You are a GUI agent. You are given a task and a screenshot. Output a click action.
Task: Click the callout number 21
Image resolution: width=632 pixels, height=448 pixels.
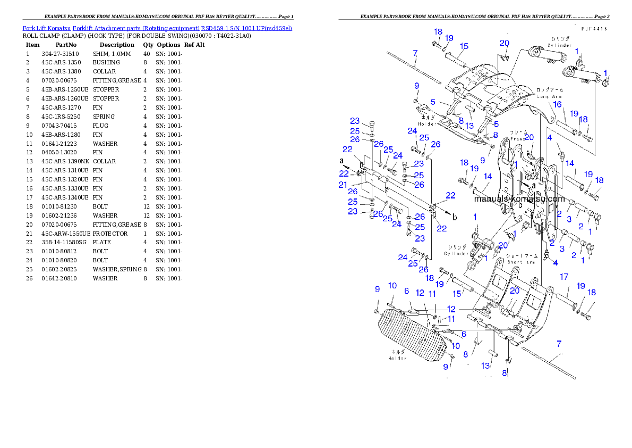click(343, 185)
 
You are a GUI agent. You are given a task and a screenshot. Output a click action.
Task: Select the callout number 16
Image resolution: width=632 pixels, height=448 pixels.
click(557, 105)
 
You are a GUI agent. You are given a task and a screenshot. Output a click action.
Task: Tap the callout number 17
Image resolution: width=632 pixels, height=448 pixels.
click(563, 277)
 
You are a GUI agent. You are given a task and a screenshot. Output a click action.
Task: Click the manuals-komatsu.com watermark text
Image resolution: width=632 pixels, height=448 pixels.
click(519, 199)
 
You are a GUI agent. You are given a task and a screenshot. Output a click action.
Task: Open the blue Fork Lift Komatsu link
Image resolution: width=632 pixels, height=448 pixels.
click(157, 28)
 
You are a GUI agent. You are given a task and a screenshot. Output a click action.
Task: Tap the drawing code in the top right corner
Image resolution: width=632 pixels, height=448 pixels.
click(594, 29)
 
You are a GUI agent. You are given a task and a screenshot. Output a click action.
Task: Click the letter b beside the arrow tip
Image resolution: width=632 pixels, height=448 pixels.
click(454, 217)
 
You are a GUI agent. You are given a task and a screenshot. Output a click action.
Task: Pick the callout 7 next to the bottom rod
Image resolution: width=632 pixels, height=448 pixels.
click(558, 344)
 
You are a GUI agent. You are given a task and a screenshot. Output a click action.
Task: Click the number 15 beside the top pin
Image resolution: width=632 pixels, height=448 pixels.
click(464, 46)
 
